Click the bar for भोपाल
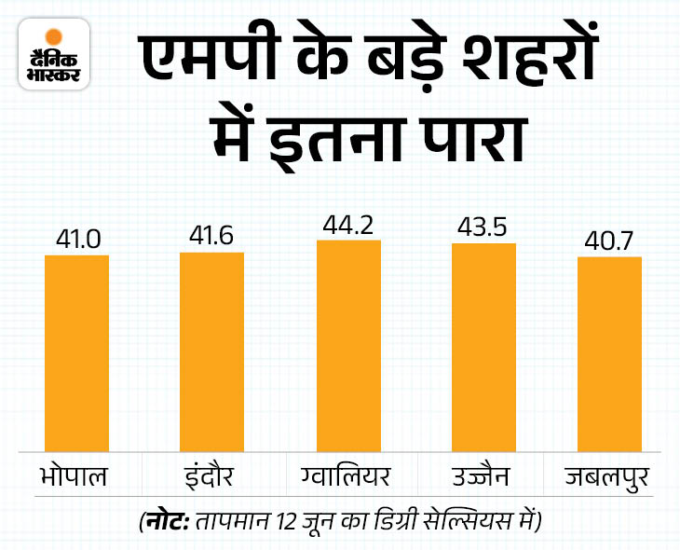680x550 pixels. pos(77,354)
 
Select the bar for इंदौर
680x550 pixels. pos(211,352)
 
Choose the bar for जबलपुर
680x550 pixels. pos(610,355)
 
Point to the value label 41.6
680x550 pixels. pos(211,238)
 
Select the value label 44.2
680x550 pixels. pos(348,226)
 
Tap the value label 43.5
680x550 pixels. pos(483,228)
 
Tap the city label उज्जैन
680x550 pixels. pos(479,478)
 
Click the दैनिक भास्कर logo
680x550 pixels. pos(52,59)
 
